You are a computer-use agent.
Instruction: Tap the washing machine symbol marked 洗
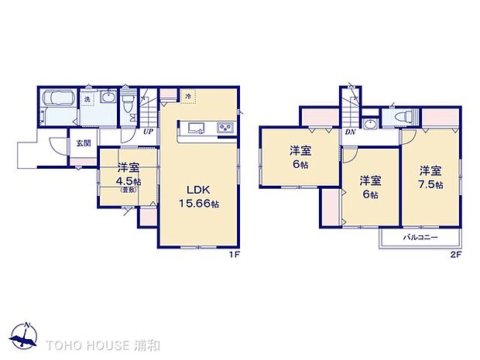(87, 98)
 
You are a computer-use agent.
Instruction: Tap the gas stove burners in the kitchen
(225, 127)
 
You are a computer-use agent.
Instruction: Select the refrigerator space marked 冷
(189, 96)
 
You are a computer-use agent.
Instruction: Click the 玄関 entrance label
(83, 143)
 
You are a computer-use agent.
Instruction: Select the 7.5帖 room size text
(432, 185)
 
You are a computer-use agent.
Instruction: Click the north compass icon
(26, 334)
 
